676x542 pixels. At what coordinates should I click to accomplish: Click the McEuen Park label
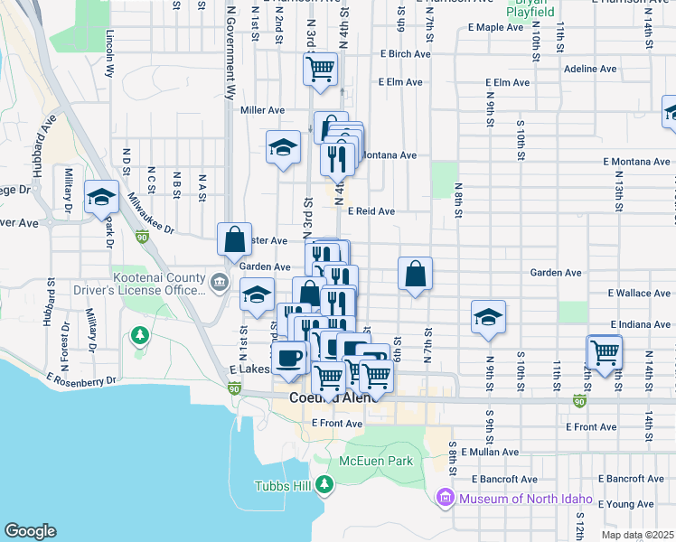click(375, 461)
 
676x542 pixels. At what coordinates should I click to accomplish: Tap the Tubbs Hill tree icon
click(325, 484)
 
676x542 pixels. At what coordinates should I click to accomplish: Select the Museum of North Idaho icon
click(444, 498)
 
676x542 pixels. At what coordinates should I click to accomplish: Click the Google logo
click(30, 531)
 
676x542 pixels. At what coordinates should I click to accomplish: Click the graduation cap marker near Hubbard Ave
click(101, 196)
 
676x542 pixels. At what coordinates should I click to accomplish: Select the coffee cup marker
click(289, 358)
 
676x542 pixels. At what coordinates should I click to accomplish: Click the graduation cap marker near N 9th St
click(488, 317)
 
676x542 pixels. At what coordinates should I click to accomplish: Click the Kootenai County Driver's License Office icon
click(219, 284)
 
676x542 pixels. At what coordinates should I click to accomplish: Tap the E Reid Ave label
click(373, 211)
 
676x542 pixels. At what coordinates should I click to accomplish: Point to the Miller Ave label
click(262, 110)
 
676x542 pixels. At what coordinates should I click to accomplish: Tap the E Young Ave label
click(631, 504)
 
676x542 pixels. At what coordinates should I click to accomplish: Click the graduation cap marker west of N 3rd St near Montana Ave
click(283, 145)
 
